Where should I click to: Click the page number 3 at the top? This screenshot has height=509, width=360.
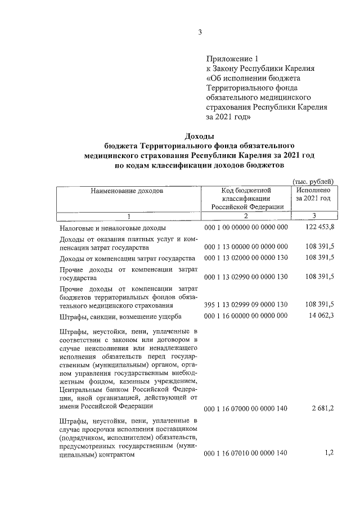point(200,32)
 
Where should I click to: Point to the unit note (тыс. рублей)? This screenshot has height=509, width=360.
point(313,181)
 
